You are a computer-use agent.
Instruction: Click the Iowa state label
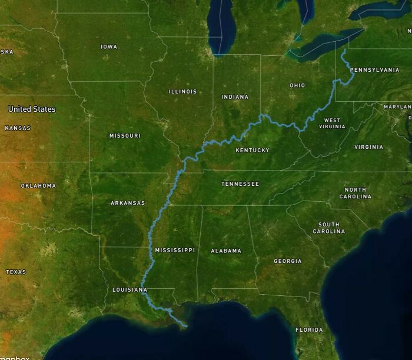(x=109, y=46)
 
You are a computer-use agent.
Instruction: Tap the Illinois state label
(x=182, y=92)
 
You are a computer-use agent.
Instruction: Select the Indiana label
(x=235, y=96)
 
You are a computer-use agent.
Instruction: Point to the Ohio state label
(x=297, y=85)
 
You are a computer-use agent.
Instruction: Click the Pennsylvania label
(x=374, y=70)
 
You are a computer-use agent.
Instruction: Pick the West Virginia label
(x=332, y=123)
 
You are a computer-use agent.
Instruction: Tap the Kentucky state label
(x=252, y=150)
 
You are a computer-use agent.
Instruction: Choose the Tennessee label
(x=240, y=184)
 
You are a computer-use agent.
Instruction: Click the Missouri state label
(x=125, y=136)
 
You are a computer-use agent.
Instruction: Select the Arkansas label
(x=128, y=203)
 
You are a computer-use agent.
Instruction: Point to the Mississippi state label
(x=175, y=250)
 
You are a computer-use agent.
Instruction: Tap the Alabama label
(x=226, y=251)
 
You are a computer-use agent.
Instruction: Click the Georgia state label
(x=288, y=261)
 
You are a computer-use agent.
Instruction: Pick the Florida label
(x=309, y=329)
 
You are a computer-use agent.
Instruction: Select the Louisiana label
(x=129, y=290)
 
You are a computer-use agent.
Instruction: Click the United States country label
(x=32, y=109)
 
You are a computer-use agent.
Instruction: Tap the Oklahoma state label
(x=38, y=186)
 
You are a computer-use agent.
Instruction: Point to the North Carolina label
(x=355, y=193)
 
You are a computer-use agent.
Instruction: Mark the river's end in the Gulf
(x=186, y=325)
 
